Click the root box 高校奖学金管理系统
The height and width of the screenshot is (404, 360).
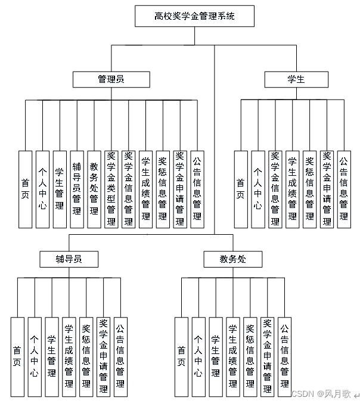point(194,16)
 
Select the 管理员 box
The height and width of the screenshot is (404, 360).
point(111,79)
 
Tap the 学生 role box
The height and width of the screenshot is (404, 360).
point(296,79)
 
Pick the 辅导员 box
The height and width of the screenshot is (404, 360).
point(69,259)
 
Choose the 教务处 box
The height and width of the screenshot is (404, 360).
point(232,259)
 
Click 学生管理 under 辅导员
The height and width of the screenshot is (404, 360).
point(52,356)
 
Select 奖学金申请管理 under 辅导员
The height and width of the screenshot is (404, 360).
point(104,356)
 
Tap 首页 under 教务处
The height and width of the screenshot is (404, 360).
point(182,356)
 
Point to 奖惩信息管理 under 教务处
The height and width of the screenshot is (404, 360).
point(250,356)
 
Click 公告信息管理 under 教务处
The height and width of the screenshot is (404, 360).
point(285,356)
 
